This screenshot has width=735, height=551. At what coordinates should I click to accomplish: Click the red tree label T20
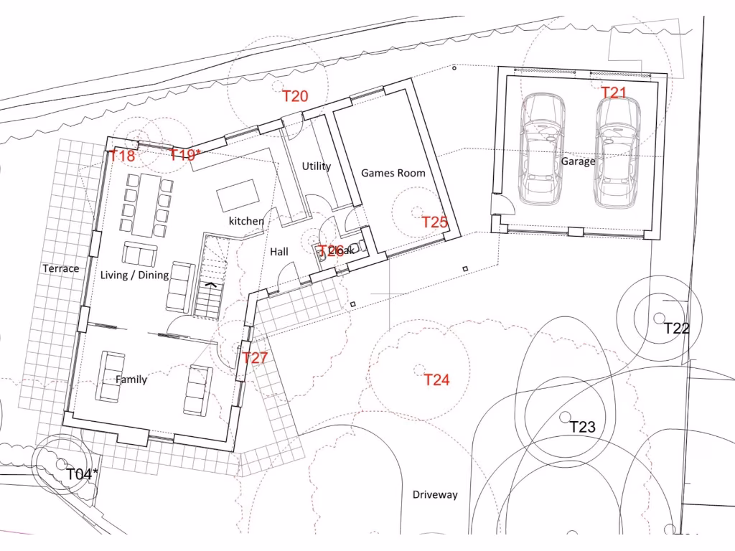coord(295,96)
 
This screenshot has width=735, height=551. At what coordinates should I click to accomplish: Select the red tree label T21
coord(614,93)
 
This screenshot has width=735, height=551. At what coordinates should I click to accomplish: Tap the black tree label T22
coord(676,329)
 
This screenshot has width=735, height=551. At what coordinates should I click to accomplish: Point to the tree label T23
coord(583,427)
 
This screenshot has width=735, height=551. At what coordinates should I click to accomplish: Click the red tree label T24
coord(436,380)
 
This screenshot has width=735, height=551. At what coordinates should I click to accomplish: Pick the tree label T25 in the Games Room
coord(434,222)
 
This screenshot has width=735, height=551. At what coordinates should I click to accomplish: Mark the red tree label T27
coord(255,357)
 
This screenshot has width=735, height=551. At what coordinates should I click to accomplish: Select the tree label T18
coord(122,156)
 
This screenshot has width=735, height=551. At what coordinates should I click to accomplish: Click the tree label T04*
coord(82,474)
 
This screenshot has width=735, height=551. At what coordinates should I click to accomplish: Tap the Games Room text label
coord(393,173)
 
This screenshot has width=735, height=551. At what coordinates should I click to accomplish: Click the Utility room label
coord(316,166)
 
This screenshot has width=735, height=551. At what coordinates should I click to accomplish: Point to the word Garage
coord(578,161)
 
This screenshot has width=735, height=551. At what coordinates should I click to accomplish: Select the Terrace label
coord(61,268)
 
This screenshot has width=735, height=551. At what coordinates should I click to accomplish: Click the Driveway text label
coord(435,495)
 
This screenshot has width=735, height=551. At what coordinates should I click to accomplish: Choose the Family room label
coord(131,380)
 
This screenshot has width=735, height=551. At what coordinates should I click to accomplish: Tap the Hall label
coord(279,252)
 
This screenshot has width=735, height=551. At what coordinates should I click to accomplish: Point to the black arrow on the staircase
coord(211,284)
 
